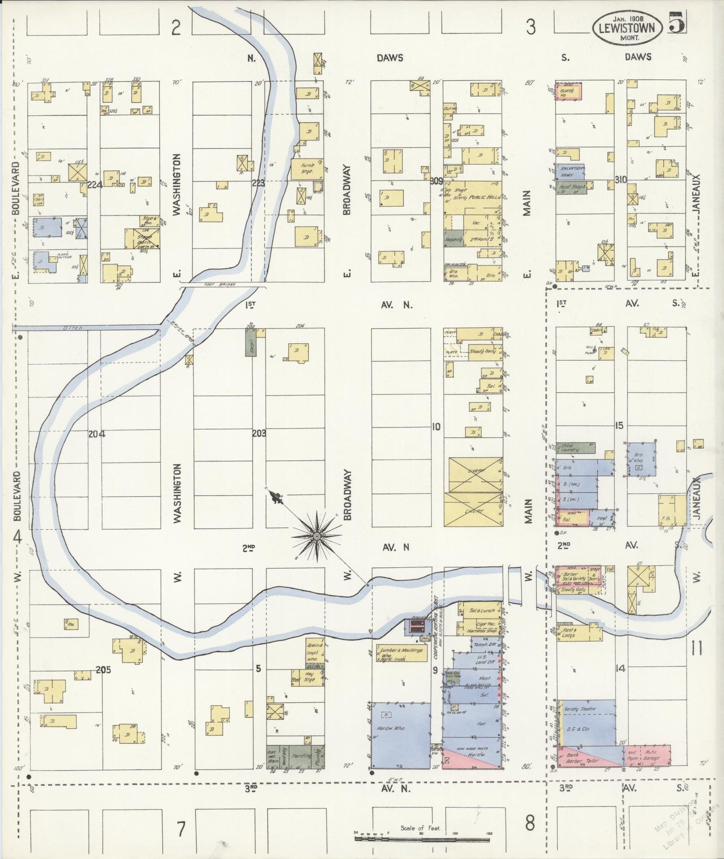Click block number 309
436,181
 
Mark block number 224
94,185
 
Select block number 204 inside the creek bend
97,434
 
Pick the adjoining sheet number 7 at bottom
180,829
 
